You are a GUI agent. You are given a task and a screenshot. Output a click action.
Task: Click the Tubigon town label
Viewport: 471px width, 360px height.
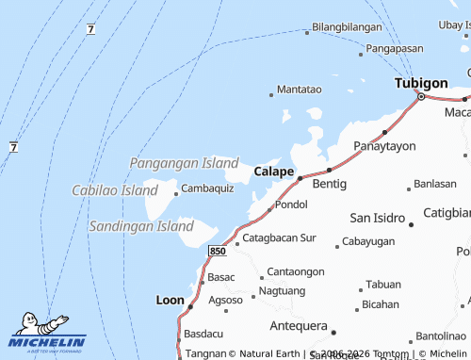click(x=421, y=83)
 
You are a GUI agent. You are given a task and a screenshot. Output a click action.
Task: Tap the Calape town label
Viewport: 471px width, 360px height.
click(x=274, y=172)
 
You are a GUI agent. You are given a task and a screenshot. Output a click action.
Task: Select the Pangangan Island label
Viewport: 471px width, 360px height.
click(x=184, y=163)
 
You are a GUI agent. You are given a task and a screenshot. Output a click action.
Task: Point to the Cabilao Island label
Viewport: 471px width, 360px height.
click(x=115, y=190)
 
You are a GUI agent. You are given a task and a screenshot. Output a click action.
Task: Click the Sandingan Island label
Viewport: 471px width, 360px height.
click(x=140, y=226)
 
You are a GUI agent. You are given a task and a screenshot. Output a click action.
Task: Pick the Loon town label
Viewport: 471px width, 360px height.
click(x=170, y=300)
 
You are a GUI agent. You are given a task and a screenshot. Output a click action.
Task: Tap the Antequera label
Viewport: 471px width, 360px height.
click(x=297, y=326)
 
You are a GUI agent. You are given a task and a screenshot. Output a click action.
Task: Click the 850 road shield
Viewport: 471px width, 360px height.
click(x=218, y=251)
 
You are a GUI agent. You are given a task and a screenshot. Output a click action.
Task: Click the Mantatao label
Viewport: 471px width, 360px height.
click(x=300, y=90)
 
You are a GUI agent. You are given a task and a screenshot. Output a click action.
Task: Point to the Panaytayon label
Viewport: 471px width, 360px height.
click(x=384, y=146)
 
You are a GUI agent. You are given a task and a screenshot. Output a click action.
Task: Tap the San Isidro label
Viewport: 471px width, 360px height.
click(x=378, y=217)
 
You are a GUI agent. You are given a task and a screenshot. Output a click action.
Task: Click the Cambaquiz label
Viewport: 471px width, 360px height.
click(x=207, y=188)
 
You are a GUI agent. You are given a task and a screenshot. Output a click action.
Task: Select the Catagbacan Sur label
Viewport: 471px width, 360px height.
click(x=280, y=238)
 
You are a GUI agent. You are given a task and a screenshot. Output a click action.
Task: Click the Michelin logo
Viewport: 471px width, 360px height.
click(x=47, y=335)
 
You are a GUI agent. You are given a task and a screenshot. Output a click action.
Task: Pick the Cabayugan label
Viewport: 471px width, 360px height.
click(x=367, y=242)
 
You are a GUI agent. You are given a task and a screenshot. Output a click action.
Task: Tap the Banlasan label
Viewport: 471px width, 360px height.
click(x=435, y=183)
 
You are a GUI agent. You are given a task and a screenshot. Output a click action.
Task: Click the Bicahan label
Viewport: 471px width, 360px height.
click(x=381, y=304)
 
